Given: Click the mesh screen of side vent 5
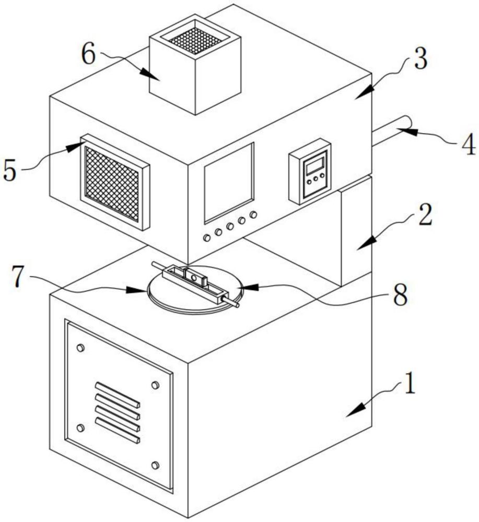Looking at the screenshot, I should point(112,183).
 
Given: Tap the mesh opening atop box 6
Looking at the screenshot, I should point(195,39).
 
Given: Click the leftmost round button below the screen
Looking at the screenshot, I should point(207,238).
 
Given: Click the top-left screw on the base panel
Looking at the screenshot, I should point(80,348).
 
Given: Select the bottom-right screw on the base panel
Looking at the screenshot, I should point(155,465).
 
